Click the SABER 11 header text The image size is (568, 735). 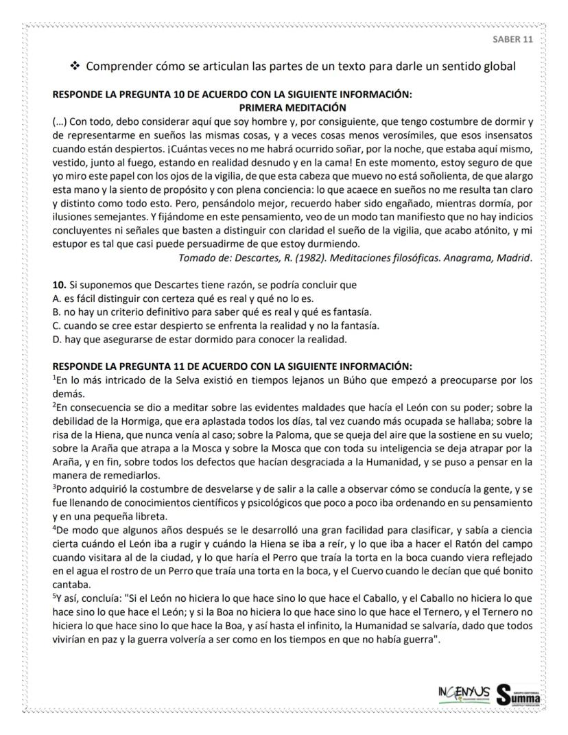(x=512, y=38)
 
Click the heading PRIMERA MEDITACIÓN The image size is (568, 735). (x=292, y=107)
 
